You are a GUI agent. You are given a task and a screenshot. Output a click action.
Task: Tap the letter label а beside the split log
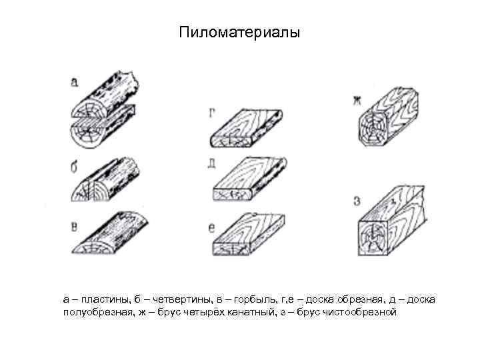click(74, 82)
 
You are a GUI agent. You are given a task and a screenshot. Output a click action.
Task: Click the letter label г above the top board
click(211, 115)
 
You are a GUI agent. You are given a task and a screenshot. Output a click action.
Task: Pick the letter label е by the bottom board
click(211, 228)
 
